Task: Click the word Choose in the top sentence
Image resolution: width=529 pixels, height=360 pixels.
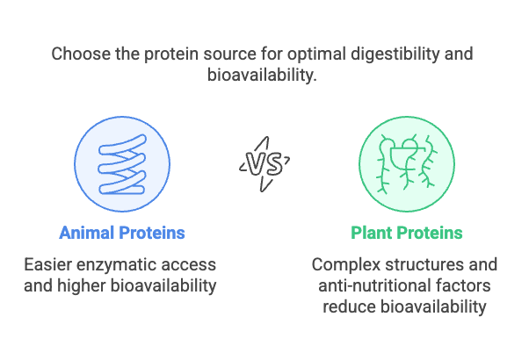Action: coord(81,54)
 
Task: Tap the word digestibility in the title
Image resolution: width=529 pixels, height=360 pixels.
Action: coord(395,54)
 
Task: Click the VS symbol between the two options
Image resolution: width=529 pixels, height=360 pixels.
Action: coord(264,164)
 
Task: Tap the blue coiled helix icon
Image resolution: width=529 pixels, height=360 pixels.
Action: coord(122,164)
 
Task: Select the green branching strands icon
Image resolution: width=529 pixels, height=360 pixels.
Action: coord(407,164)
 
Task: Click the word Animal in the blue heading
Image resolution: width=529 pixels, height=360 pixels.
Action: coord(87,233)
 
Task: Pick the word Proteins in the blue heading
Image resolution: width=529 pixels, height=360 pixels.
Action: coord(152,233)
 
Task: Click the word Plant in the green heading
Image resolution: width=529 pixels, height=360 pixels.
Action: coord(371,233)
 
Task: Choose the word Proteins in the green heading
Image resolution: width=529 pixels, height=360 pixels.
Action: coord(430,233)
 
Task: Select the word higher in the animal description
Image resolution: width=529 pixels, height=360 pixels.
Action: coord(82,286)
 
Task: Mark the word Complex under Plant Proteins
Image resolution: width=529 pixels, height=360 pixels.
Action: coord(346,265)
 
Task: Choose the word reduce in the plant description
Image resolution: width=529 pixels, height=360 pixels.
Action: coord(349,306)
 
